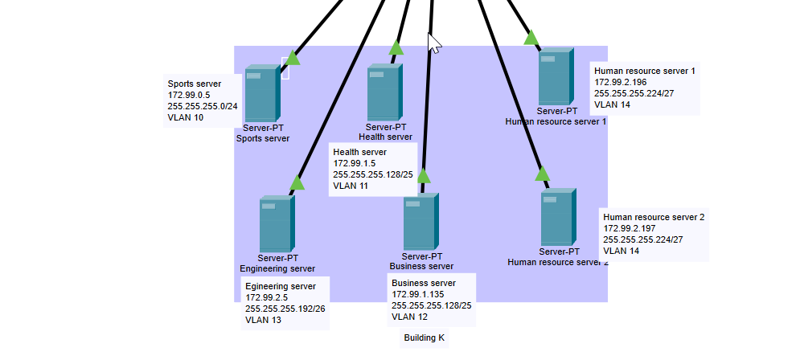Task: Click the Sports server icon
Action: click(262, 93)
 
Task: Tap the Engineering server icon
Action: click(277, 224)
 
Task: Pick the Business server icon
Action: click(421, 221)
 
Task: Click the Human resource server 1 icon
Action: click(556, 77)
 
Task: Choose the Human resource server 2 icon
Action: click(557, 217)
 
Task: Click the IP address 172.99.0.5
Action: click(190, 95)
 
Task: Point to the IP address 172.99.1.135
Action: click(418, 295)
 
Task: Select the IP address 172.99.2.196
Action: click(621, 82)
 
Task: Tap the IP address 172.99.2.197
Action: click(630, 228)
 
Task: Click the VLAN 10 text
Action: click(186, 117)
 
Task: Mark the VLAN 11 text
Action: click(351, 186)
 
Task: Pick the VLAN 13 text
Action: click(263, 320)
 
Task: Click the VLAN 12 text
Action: click(409, 317)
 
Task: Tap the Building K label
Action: click(424, 338)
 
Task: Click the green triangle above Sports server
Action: click(293, 58)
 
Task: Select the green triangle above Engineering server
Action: click(297, 183)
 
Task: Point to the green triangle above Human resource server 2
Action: click(542, 174)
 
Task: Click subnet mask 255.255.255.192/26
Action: click(285, 309)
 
